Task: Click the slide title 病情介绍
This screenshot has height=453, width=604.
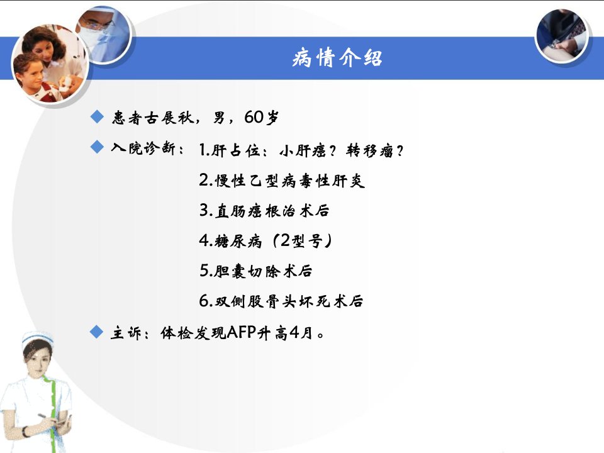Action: coord(337,58)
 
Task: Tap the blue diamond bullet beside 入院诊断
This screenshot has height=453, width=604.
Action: coord(97,147)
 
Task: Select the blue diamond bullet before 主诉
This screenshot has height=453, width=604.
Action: coord(96,332)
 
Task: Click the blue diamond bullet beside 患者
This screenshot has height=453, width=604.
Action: coord(97,116)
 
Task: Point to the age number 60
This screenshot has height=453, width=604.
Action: coord(254,117)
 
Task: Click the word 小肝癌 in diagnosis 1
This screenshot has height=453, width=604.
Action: coord(303,150)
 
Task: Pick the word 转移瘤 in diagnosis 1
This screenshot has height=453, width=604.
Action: coord(370,150)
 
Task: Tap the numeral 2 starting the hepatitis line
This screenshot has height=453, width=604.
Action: coord(203,180)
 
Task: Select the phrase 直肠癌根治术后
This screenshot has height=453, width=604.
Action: coord(272,211)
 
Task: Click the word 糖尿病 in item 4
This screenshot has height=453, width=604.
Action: coord(238,241)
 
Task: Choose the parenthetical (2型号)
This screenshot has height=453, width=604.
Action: coord(303,241)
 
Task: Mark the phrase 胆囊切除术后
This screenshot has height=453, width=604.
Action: coord(264,271)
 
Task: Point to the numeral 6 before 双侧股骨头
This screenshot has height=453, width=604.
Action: coord(203,301)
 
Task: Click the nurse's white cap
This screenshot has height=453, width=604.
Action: coord(36,338)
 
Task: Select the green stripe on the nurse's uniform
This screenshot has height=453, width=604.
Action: coord(49,408)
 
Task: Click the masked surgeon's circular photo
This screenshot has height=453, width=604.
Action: coord(103,34)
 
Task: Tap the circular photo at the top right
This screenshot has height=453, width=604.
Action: coord(562,35)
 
